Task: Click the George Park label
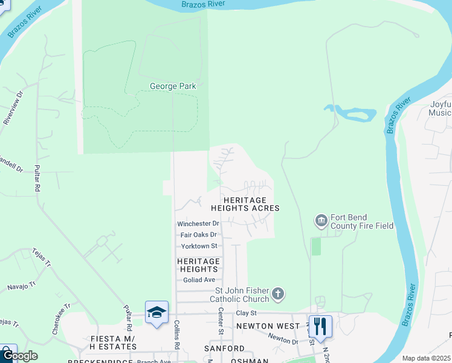tap(173, 87)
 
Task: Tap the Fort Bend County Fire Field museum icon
tap(320, 221)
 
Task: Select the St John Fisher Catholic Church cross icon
tap(277, 295)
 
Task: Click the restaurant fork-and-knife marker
tap(320, 327)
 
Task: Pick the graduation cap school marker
tap(157, 313)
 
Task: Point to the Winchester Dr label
tap(198, 224)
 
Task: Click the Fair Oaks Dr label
tap(199, 235)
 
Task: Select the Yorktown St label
tap(199, 246)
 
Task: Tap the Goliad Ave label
tap(199, 280)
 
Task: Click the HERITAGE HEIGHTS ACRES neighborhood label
tap(245, 204)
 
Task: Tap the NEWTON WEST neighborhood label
tap(268, 326)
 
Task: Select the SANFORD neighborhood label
tap(224, 349)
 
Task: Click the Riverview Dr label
tap(13, 108)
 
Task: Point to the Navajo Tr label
tap(22, 284)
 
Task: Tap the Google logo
tap(19, 355)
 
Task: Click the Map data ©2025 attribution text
tap(425, 358)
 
